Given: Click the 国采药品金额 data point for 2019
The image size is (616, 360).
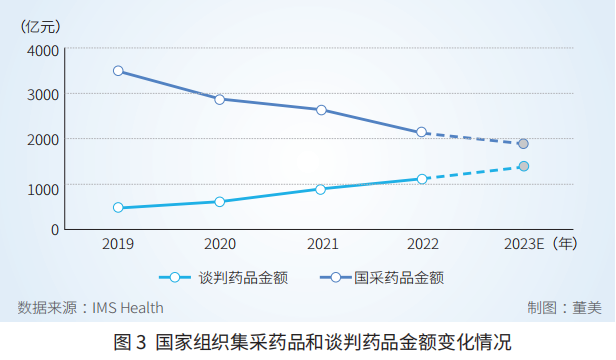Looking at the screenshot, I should tap(118, 71).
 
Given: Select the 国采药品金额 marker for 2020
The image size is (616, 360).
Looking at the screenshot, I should tap(219, 99).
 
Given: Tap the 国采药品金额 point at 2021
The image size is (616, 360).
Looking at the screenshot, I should tap(321, 110).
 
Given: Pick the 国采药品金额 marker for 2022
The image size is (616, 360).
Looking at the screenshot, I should tap(422, 132).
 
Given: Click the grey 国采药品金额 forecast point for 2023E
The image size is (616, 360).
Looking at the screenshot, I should tap(523, 144).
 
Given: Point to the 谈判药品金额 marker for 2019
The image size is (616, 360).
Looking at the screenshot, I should tap(118, 208).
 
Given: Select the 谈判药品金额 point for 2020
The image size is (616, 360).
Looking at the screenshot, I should tap(219, 202).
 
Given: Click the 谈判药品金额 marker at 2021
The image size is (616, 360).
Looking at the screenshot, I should tap(321, 189).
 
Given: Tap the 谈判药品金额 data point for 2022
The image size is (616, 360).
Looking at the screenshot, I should tap(422, 179).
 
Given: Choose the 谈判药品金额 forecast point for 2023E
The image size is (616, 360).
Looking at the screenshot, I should tap(523, 166).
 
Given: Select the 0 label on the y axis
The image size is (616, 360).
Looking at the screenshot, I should tap(55, 230).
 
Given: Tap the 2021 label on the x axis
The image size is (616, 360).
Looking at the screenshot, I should tap(321, 243).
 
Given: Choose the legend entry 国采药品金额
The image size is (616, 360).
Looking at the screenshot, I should tap(399, 277).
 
